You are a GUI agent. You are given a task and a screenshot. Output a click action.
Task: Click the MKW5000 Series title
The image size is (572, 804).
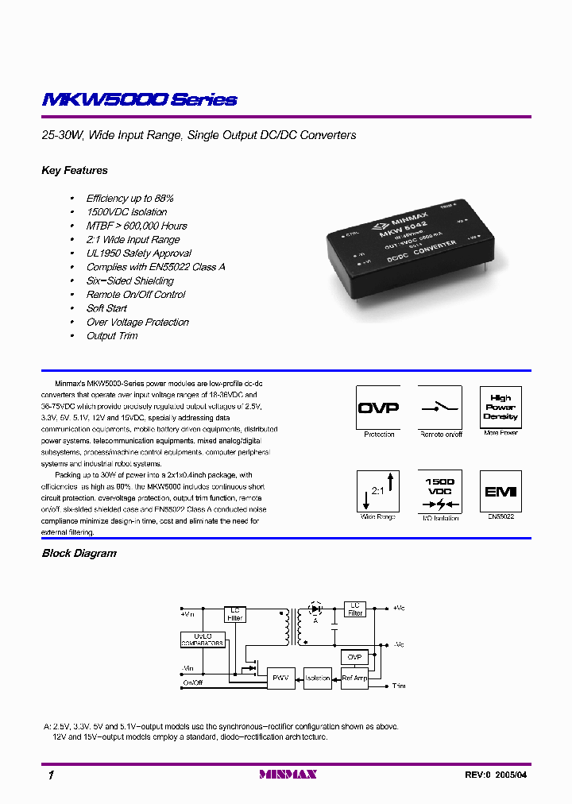[139, 100]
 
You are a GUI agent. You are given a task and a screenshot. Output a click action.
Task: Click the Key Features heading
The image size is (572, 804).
[74, 170]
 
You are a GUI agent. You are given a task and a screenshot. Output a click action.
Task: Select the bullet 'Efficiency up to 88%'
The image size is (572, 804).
[129, 198]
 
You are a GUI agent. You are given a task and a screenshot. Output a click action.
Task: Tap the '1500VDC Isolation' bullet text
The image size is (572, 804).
[126, 212]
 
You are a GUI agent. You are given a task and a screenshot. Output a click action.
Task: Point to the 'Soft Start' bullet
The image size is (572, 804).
[106, 308]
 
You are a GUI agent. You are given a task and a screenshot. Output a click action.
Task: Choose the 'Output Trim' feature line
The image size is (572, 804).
[112, 336]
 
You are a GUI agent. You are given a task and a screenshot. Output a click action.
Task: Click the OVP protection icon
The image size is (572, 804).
[378, 408]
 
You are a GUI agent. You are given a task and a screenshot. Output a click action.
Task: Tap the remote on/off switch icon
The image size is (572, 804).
[439, 408]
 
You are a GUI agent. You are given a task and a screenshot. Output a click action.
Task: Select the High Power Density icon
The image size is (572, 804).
[500, 408]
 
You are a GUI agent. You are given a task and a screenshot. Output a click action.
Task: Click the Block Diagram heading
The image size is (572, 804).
[79, 553]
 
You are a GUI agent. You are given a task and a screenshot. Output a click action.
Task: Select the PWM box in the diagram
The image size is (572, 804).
[280, 678]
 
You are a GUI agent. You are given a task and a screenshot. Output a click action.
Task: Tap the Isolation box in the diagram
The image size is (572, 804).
[317, 678]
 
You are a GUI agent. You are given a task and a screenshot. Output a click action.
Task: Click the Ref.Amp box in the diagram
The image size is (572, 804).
[354, 678]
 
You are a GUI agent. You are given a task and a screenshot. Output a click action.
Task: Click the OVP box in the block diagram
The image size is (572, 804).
[354, 657]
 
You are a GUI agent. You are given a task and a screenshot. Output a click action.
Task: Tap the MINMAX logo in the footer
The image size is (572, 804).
[288, 775]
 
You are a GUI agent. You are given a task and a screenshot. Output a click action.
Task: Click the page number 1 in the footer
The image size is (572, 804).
[51, 775]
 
